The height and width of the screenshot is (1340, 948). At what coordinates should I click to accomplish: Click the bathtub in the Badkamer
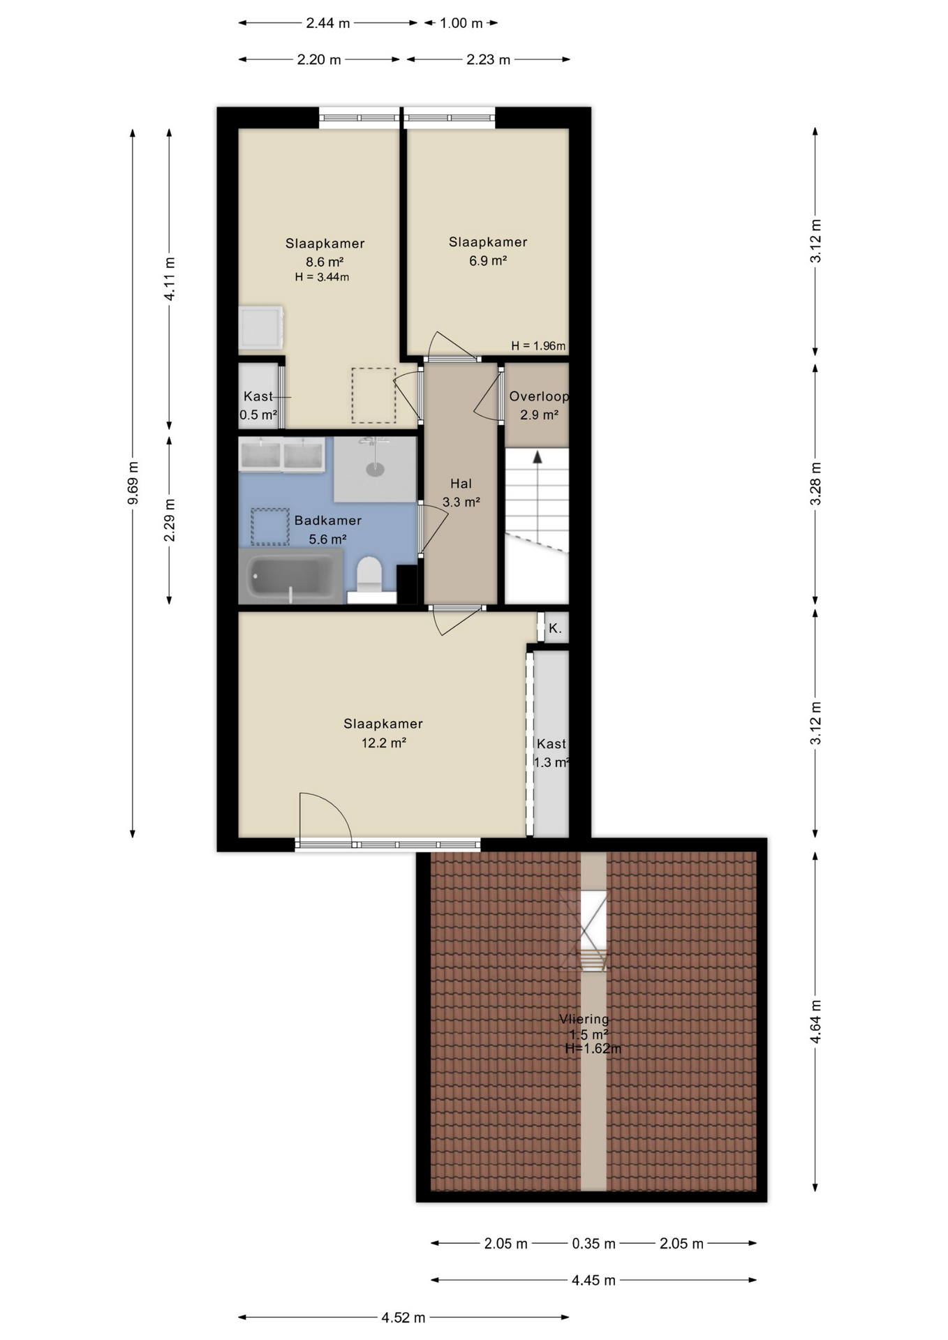pyautogui.click(x=290, y=576)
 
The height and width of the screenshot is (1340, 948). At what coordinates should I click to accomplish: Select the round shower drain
pyautogui.click(x=376, y=469)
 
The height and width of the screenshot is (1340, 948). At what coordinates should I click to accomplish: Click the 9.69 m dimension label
pyautogui.click(x=133, y=482)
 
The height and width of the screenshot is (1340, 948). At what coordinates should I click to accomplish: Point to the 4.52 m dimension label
pyautogui.click(x=403, y=1318)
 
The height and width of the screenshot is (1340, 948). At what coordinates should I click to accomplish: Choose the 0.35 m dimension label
pyautogui.click(x=594, y=1244)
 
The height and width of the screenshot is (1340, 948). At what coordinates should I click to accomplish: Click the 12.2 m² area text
pyautogui.click(x=384, y=743)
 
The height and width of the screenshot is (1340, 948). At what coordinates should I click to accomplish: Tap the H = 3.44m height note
pyautogui.click(x=322, y=277)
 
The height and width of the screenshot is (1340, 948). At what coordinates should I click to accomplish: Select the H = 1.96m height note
pyautogui.click(x=538, y=345)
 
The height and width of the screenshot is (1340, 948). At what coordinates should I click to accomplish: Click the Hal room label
pyautogui.click(x=461, y=484)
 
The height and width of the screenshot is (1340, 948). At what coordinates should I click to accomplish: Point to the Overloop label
pyautogui.click(x=538, y=396)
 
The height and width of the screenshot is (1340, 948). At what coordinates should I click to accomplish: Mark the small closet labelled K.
pyautogui.click(x=556, y=627)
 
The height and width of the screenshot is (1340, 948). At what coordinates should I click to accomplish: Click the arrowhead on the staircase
pyautogui.click(x=538, y=457)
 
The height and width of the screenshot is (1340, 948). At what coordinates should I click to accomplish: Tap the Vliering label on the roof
pyautogui.click(x=584, y=1019)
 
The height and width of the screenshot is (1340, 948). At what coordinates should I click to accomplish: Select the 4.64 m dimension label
pyautogui.click(x=815, y=1022)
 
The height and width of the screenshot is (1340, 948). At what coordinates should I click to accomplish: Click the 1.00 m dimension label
pyautogui.click(x=461, y=23)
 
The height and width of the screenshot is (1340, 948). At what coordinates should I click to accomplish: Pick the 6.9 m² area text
pyautogui.click(x=488, y=261)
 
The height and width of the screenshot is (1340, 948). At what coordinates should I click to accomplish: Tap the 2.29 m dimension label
pyautogui.click(x=170, y=520)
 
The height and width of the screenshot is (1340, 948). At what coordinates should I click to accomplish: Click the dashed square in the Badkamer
pyautogui.click(x=270, y=527)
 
